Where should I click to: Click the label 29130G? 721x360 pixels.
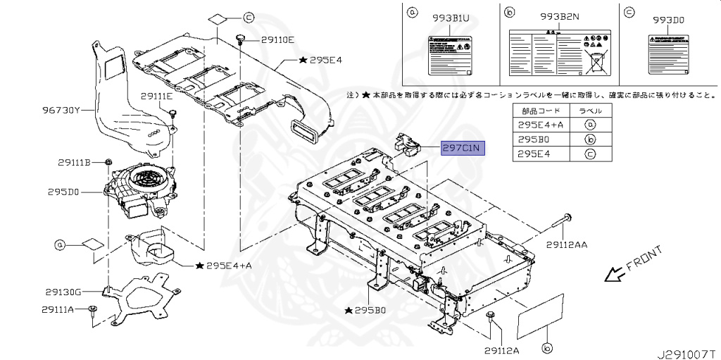[x=64, y=292]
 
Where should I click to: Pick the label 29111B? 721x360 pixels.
[x=74, y=163]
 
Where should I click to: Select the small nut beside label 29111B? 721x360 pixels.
[x=110, y=163]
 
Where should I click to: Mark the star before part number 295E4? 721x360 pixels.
[x=303, y=61]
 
